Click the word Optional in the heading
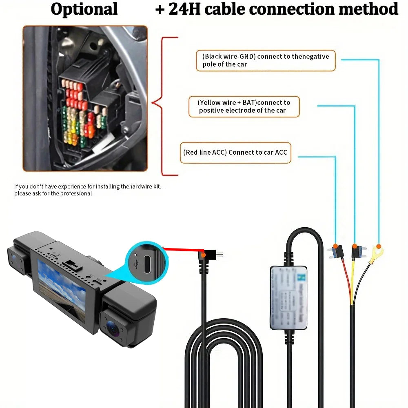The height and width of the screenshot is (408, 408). tap(84, 9)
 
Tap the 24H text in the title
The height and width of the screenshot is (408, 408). tap(185, 9)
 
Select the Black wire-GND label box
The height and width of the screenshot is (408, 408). tap(265, 61)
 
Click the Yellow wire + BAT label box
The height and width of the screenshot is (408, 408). tap(244, 106)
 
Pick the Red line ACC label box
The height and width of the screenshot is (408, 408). tap(235, 153)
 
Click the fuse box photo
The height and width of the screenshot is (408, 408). tap(85, 98)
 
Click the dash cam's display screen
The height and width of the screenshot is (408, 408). tap(62, 290)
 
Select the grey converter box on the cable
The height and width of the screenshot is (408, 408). tap(288, 297)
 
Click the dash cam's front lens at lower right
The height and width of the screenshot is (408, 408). tap(112, 326)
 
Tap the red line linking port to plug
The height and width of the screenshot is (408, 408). tap(184, 249)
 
